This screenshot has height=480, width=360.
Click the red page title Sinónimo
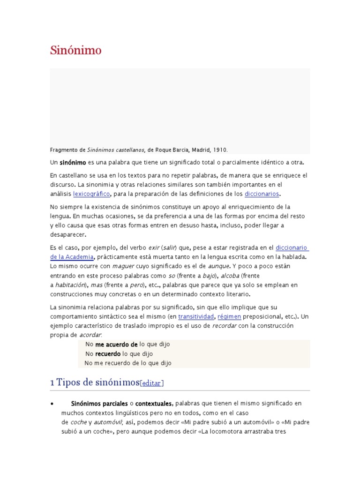coord(75,50)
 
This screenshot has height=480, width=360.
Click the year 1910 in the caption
coord(220,150)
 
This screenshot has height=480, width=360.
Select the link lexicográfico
coord(91,193)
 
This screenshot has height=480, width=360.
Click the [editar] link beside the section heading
coord(152,383)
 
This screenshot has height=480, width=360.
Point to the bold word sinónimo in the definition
coord(73,162)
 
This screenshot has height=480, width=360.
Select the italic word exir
coord(152,247)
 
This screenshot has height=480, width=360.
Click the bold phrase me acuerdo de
coord(116,344)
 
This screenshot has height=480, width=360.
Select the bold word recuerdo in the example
coord(108,353)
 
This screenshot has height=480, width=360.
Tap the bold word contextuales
coord(154,403)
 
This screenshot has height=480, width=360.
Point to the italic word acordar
coord(90,335)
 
